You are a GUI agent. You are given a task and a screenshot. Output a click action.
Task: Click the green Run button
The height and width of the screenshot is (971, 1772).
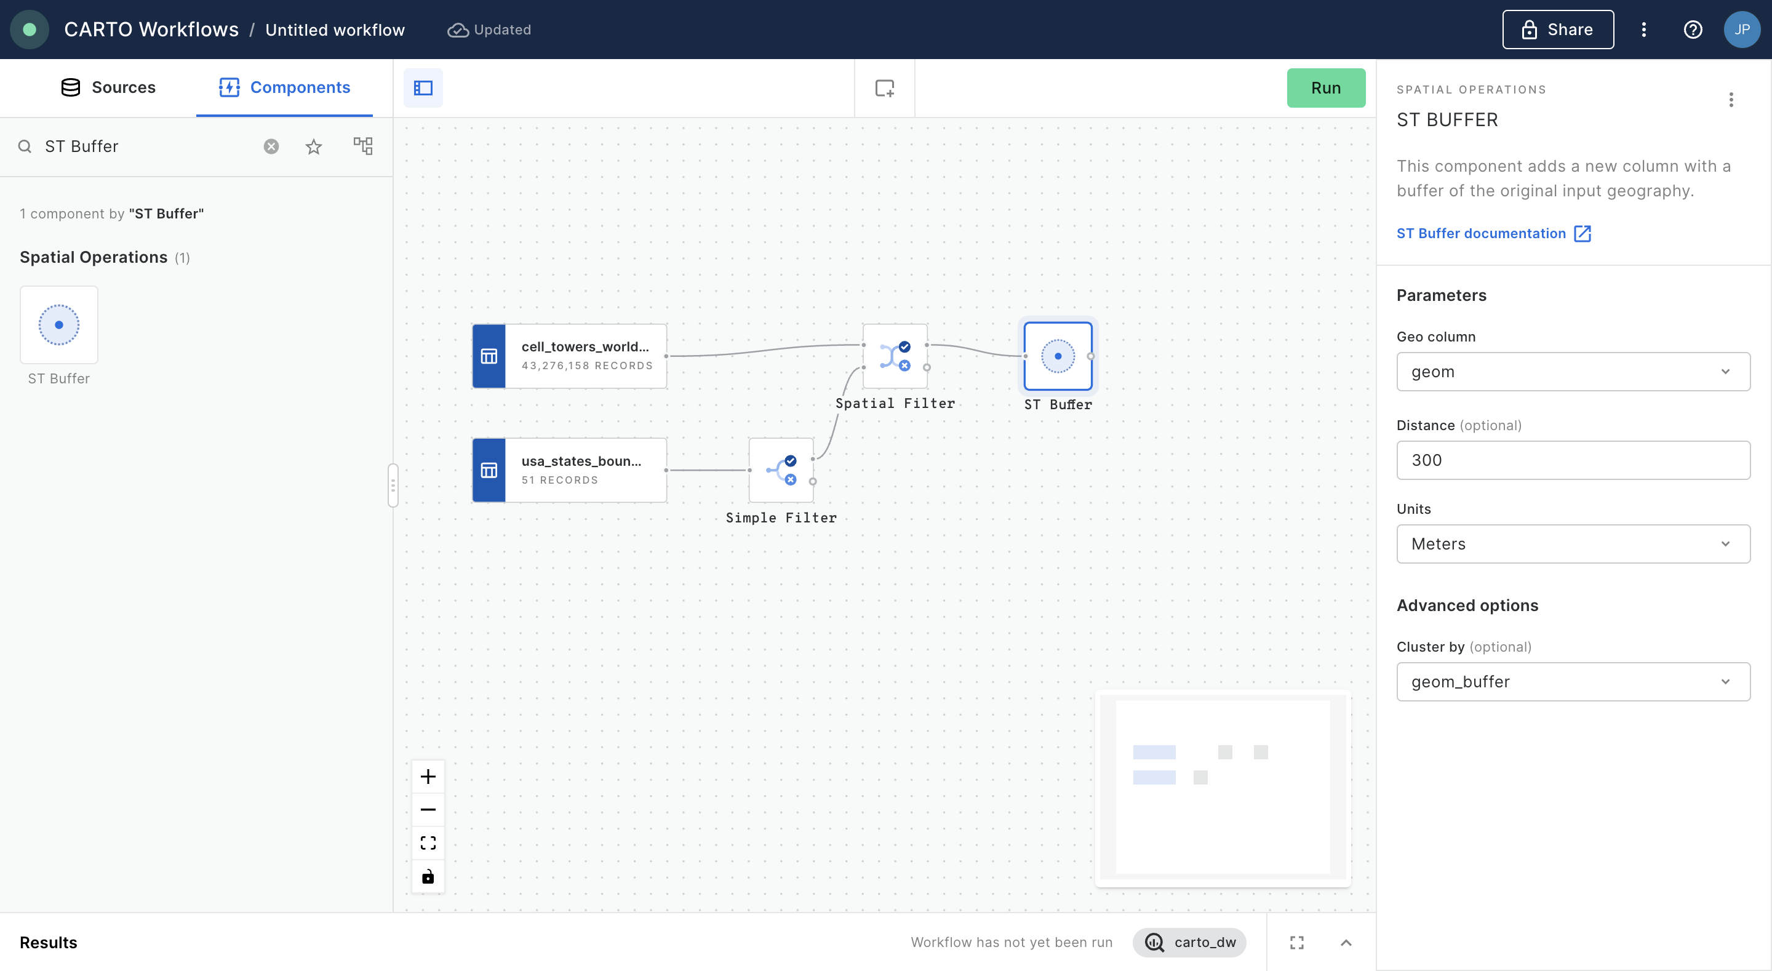(x=1325, y=88)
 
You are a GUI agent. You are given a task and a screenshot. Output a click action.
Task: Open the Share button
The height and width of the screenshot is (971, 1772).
(x=1557, y=30)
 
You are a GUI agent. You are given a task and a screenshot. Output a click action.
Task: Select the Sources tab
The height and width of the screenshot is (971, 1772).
(x=109, y=87)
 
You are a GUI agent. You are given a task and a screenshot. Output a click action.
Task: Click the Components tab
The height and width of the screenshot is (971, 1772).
(x=284, y=87)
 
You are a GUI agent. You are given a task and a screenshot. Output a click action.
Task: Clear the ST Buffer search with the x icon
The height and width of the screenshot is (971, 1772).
(x=272, y=146)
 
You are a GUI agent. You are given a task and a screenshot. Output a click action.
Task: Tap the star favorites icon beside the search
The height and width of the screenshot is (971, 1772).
(x=314, y=146)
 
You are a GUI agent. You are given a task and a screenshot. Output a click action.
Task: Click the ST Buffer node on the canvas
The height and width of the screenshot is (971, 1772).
(x=1058, y=356)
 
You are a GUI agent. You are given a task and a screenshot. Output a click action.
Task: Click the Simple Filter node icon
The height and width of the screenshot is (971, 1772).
(x=781, y=471)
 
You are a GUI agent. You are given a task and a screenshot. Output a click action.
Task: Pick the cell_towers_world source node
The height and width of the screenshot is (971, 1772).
(x=570, y=356)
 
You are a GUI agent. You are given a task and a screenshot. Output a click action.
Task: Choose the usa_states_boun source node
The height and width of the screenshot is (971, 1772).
(x=570, y=471)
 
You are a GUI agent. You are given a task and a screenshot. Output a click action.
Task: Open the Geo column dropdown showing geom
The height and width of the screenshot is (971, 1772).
(x=1573, y=372)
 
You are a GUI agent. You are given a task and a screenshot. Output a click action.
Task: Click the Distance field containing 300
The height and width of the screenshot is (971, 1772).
(x=1573, y=460)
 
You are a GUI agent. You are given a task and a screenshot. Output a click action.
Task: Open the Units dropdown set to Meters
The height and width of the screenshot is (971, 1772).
(x=1573, y=544)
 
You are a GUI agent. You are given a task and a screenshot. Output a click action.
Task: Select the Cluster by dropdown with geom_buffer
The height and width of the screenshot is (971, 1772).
(x=1573, y=681)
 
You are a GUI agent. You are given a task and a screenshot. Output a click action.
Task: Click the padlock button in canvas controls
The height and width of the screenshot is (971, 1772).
(x=428, y=876)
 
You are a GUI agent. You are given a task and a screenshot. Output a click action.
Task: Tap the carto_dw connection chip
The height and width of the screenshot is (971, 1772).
(x=1189, y=942)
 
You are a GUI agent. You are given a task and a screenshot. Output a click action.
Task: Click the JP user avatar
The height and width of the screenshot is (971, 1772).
(x=1742, y=30)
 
